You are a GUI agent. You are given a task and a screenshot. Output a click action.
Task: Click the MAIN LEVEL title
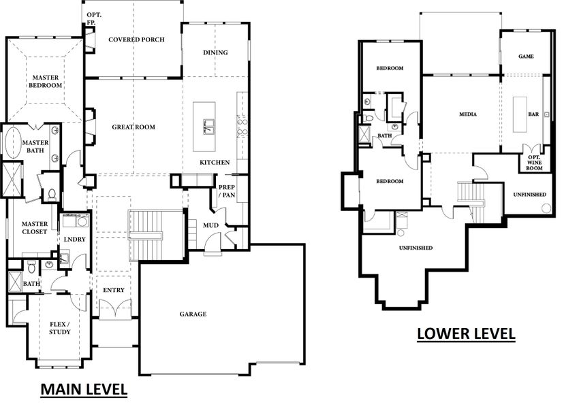(84, 389)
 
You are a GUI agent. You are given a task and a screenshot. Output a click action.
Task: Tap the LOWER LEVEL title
(466, 333)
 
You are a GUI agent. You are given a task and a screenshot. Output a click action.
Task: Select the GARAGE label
(193, 314)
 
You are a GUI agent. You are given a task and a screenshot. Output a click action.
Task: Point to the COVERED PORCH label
(136, 39)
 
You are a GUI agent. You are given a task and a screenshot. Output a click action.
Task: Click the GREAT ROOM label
(134, 127)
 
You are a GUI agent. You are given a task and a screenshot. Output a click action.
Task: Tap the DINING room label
(215, 52)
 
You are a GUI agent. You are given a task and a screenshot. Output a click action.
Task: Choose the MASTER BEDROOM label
(46, 81)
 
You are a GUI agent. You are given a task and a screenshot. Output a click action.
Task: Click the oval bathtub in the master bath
(12, 142)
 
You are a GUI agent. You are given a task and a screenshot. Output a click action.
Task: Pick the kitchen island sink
(208, 126)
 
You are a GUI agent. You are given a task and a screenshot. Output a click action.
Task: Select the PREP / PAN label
(227, 191)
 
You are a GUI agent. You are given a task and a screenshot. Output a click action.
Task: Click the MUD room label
(210, 225)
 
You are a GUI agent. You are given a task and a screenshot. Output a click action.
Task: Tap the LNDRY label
(74, 239)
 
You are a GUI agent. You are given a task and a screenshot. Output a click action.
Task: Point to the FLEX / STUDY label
(60, 328)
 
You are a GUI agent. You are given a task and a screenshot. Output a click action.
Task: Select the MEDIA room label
(468, 114)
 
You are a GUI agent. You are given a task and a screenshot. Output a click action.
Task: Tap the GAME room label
(526, 56)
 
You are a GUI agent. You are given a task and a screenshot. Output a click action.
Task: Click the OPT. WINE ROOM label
(534, 163)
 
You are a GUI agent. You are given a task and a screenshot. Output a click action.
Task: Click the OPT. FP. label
(94, 18)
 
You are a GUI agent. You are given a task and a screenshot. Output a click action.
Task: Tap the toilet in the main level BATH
(31, 267)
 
